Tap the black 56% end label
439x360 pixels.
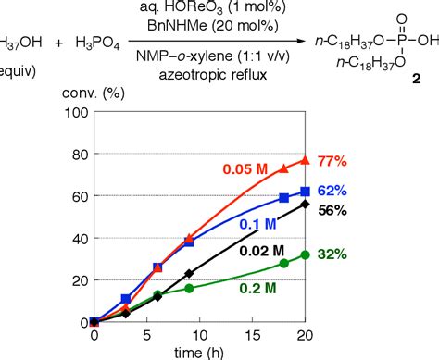tap(332, 211)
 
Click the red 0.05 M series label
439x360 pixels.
tap(245, 169)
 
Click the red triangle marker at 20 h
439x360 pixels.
tap(305, 160)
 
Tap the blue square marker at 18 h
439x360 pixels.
tap(283, 198)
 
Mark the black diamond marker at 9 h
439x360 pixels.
tap(189, 274)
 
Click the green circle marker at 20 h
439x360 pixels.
tap(305, 254)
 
